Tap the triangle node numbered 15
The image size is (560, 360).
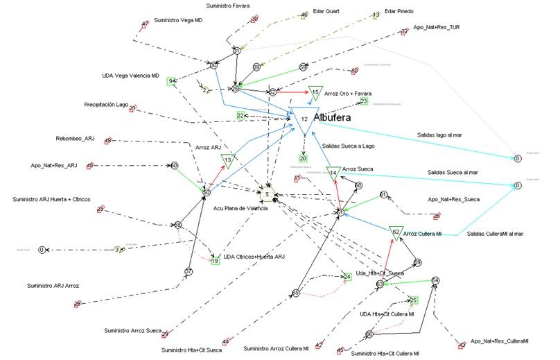[315, 93]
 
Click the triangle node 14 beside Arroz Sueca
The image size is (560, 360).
[333, 172]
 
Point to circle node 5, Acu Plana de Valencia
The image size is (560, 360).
[268, 194]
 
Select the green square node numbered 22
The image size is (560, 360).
[240, 116]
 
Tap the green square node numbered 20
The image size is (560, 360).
[303, 159]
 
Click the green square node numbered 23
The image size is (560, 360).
[364, 101]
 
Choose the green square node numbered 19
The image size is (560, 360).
[216, 261]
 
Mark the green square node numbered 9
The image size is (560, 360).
[170, 81]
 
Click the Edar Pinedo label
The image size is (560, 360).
[400, 11]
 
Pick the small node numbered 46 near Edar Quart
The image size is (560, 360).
[304, 15]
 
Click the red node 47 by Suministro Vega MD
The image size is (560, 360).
[145, 24]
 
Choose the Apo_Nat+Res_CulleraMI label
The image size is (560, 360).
[499, 341]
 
